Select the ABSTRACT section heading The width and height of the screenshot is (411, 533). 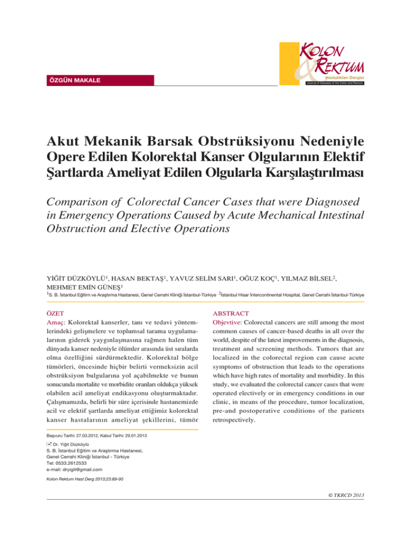coord(232,316)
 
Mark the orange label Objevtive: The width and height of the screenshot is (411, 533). coord(232,326)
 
